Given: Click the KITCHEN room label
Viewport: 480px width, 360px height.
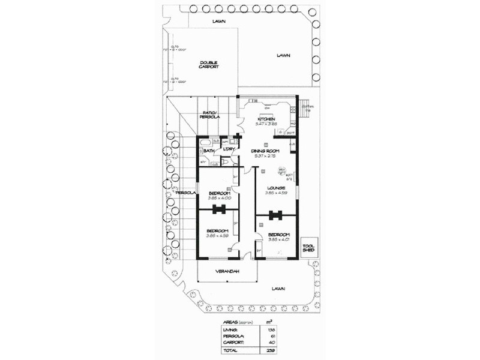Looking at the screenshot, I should [x=266, y=119].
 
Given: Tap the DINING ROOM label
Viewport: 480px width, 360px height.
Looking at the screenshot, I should [x=266, y=151].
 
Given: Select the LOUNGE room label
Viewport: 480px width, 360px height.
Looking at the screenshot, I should [x=275, y=188].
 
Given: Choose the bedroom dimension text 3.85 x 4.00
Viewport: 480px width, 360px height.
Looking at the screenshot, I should [x=219, y=198].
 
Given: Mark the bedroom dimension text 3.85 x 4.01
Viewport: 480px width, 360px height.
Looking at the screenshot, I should [x=279, y=239].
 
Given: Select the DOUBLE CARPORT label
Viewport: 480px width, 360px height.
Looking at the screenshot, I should [x=209, y=65].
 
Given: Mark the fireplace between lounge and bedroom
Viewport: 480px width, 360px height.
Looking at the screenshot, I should [x=277, y=215].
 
